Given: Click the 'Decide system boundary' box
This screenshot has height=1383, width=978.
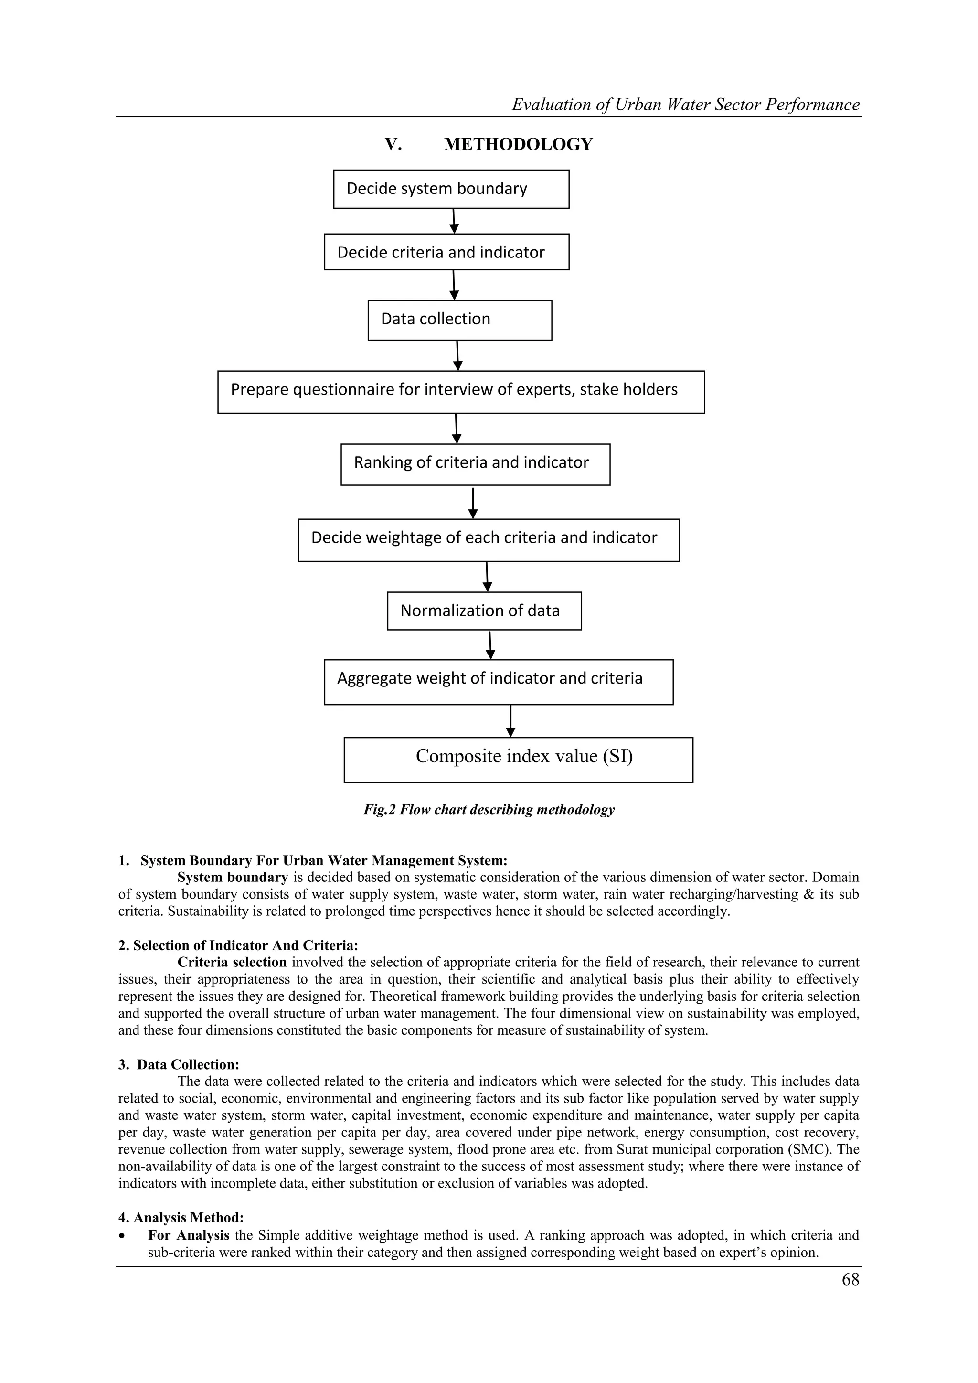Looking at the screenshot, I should (x=451, y=189).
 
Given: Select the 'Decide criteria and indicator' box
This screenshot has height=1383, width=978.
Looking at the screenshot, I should (x=446, y=252).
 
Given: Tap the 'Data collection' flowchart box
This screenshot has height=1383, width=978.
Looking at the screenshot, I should (x=459, y=320).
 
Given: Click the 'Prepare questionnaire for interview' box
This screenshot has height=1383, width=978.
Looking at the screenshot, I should (x=461, y=392).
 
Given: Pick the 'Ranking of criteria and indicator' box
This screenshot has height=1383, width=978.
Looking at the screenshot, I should (x=475, y=464).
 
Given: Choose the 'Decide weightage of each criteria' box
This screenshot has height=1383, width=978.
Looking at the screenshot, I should (x=489, y=540).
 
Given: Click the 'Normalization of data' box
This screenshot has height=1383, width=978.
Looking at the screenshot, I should (x=484, y=611).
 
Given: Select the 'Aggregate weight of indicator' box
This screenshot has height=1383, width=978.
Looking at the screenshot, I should (x=499, y=681).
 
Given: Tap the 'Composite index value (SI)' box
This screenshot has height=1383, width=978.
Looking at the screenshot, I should (x=518, y=759).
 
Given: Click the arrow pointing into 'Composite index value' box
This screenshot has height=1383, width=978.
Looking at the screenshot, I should (x=510, y=721).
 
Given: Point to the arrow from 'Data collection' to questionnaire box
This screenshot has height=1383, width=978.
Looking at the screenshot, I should (x=457, y=355).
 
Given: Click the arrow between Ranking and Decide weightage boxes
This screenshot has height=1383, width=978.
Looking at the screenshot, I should (x=473, y=503).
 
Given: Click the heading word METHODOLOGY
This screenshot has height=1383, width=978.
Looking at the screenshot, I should (x=518, y=145).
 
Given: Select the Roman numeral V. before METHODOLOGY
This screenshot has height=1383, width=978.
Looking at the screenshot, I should (x=393, y=145).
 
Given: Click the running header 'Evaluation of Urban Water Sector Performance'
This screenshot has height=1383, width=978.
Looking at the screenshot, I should (x=685, y=105).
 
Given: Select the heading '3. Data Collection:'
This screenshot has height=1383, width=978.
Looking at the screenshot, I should (x=179, y=1064).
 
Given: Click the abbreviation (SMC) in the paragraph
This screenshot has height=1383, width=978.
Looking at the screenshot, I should (x=810, y=1149).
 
